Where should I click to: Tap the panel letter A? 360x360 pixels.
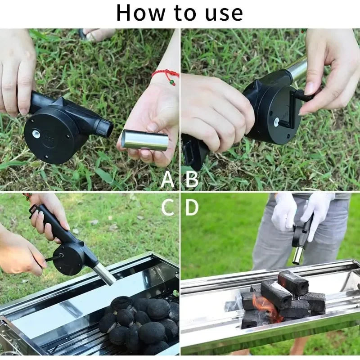point(167,180)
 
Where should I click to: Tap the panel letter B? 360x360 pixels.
point(192,180)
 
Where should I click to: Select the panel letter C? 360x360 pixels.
point(167,207)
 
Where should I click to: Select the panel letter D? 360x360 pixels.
point(192,207)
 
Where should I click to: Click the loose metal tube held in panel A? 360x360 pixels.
point(145,140)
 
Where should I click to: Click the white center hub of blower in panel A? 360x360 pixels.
point(35,134)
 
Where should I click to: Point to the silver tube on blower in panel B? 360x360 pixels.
point(297,70)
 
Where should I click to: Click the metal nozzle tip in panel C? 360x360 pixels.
point(106,274)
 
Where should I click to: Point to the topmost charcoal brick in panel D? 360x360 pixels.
point(292,283)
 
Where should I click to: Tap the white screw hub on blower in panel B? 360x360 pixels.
point(276,122)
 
